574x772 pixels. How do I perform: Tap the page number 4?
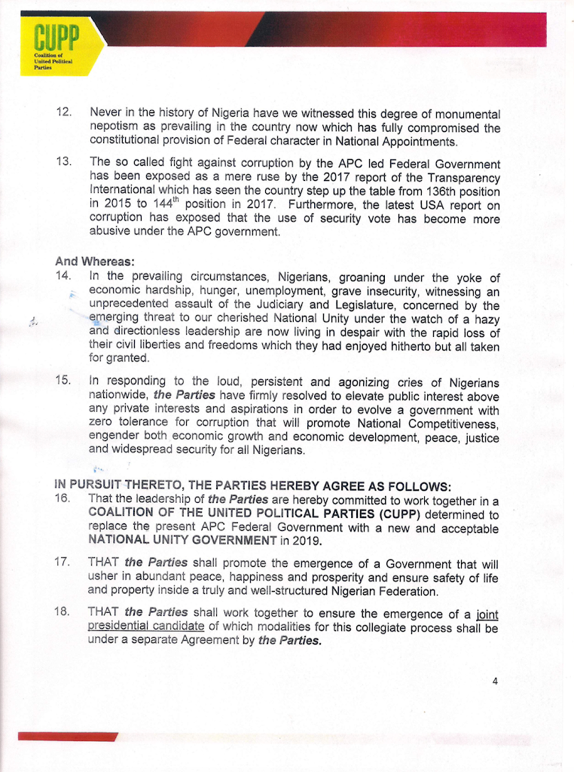tap(495, 681)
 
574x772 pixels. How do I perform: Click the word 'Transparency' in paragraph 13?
tap(463, 176)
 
